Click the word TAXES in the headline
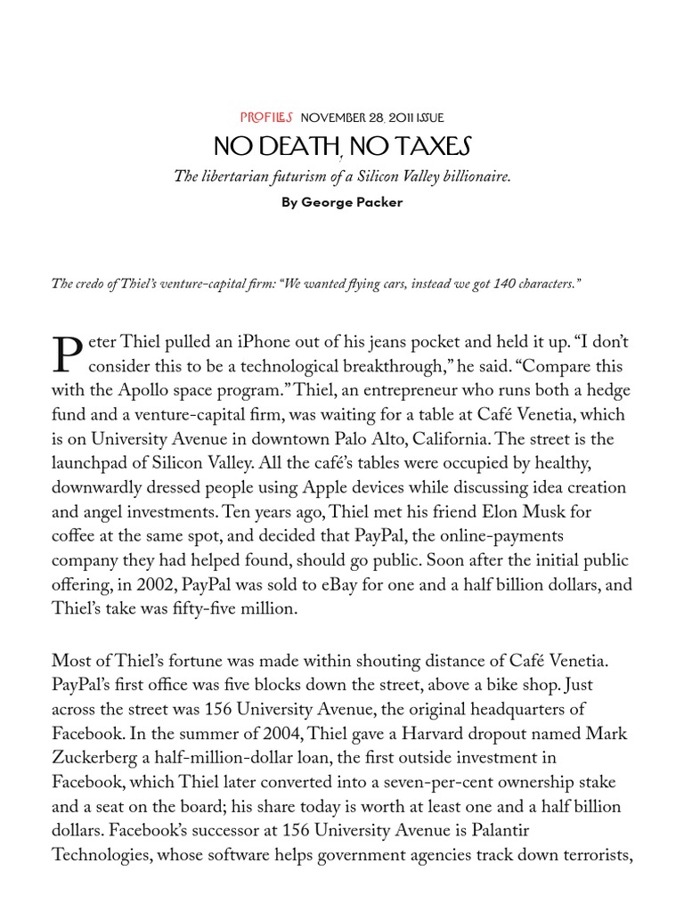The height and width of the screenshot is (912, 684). [427, 145]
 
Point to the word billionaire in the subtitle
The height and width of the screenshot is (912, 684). [477, 176]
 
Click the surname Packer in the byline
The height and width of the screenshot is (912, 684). [377, 202]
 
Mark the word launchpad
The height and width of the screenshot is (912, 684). [91, 463]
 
